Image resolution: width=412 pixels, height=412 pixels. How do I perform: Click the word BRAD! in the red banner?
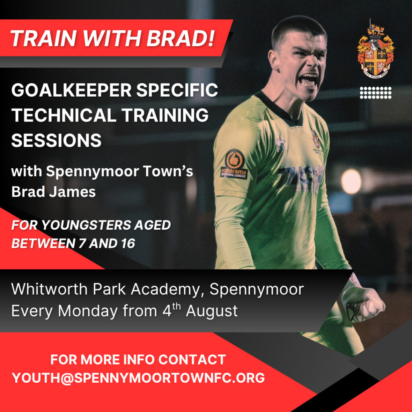pos(181,38)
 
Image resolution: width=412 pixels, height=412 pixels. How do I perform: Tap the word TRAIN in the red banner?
pos(43,38)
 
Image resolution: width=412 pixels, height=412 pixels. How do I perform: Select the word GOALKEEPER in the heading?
pos(72,90)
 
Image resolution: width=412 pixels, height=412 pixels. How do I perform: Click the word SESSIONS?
pos(56,140)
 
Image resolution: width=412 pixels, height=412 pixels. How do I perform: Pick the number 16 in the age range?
pos(128,243)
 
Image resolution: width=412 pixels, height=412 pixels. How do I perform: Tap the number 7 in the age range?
pos(82,243)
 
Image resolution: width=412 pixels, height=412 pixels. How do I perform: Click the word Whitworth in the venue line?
pos(49,289)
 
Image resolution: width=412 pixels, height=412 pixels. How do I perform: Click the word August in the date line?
pos(212,311)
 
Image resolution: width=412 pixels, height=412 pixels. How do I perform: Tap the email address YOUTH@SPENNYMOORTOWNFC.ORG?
pos(138,377)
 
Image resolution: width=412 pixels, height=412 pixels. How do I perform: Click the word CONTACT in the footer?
pos(192,359)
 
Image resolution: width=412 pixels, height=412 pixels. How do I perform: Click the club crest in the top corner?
pos(376,49)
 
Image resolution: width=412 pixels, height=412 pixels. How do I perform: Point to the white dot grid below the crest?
pos(376,93)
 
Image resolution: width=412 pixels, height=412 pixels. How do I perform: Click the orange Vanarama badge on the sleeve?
pos(234,164)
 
